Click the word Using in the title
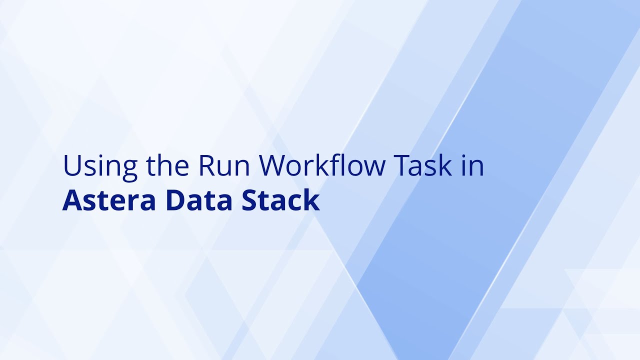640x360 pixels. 99,166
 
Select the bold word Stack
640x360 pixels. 281,200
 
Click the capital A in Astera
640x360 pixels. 72,200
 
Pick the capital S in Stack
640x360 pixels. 250,200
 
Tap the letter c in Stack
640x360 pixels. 296,202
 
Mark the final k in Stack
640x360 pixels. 312,199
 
